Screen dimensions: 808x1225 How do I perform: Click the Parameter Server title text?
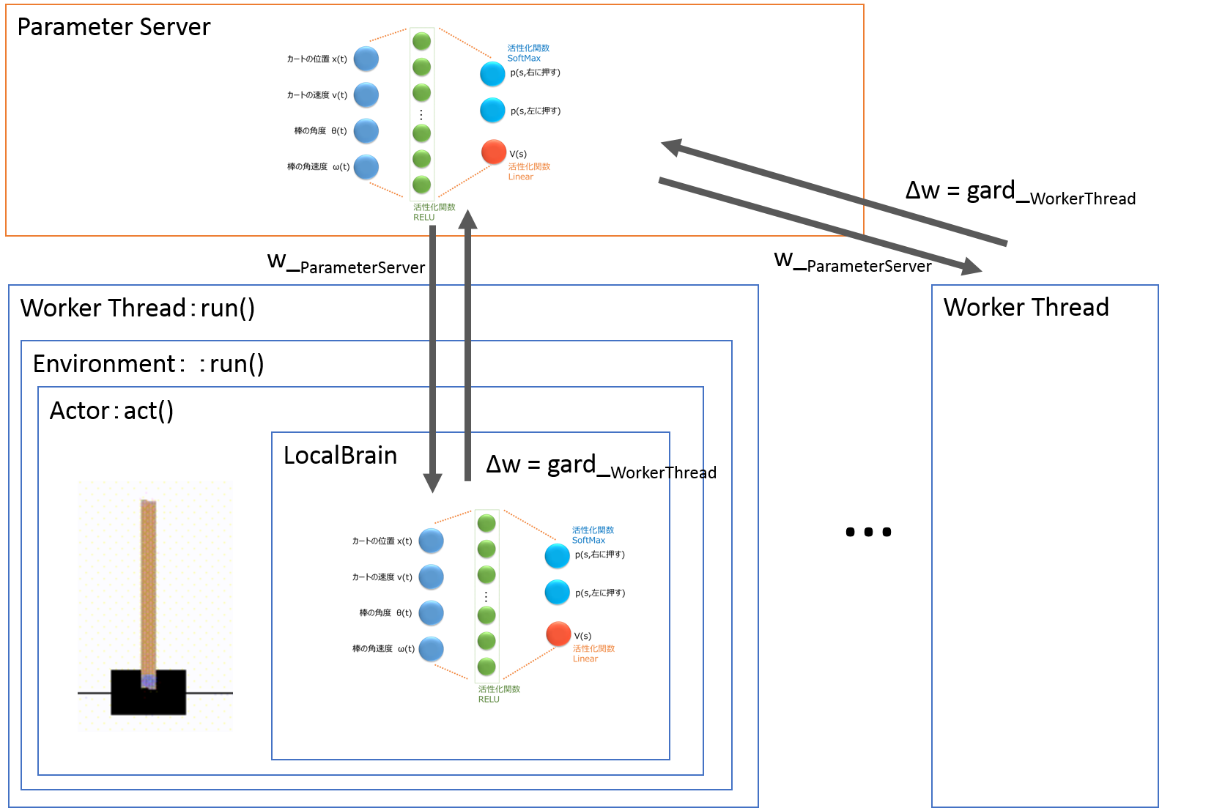click(114, 27)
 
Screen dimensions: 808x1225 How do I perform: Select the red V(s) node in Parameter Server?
click(494, 152)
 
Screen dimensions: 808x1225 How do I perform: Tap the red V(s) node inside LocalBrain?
click(558, 634)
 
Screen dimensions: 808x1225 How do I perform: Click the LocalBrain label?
click(340, 456)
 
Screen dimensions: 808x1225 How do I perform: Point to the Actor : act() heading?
click(111, 411)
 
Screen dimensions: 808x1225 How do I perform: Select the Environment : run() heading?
click(148, 364)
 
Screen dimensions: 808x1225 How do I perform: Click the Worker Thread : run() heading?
click(138, 308)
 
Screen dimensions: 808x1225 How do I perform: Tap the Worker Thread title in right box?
click(1026, 308)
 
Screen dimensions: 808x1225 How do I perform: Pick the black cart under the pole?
click(148, 693)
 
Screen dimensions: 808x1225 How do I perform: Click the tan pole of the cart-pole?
click(148, 586)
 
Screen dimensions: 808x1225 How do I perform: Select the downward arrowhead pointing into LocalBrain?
click(433, 483)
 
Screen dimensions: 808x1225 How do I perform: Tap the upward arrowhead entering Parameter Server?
click(468, 219)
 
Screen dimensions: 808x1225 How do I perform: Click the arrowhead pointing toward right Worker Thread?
click(972, 267)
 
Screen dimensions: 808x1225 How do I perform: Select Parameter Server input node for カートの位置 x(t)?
click(366, 59)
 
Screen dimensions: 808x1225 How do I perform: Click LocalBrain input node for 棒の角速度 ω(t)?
click(432, 649)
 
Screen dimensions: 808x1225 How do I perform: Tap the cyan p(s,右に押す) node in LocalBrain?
click(558, 556)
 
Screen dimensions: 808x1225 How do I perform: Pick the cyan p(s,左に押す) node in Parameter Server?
click(492, 111)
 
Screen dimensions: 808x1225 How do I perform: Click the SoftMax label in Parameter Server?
click(524, 59)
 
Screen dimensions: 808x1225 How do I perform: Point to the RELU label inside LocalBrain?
click(489, 700)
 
